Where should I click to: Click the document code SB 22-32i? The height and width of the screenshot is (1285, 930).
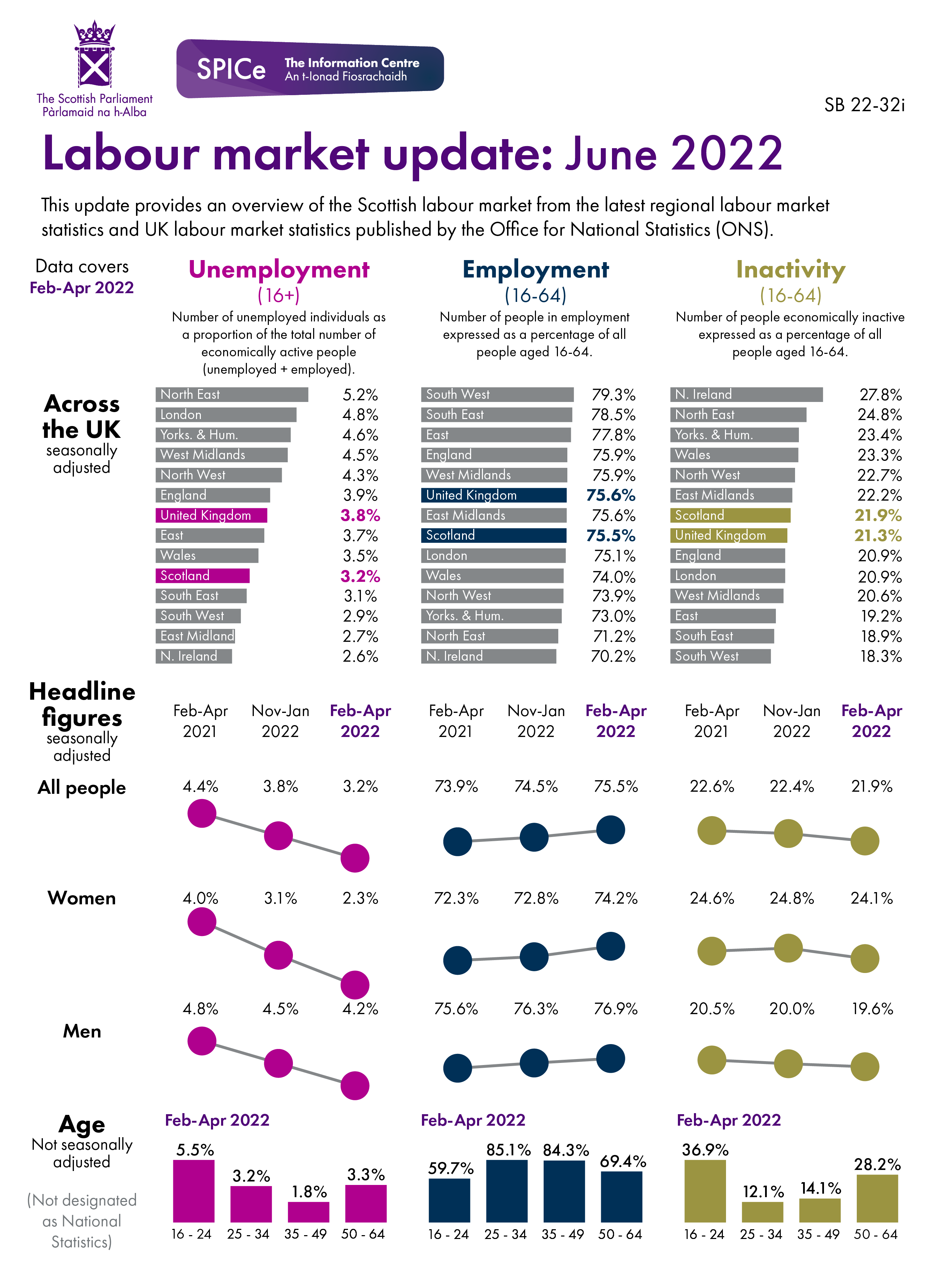(864, 105)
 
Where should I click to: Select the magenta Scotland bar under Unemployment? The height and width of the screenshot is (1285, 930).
(202, 576)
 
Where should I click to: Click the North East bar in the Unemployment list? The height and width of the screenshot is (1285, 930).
(231, 394)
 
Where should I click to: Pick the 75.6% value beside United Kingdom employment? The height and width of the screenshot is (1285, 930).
(610, 495)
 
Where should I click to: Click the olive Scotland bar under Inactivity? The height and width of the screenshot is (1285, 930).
(729, 515)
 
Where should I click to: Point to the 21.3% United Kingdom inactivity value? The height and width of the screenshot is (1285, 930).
(877, 535)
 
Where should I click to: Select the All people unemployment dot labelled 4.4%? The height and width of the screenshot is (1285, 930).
(202, 814)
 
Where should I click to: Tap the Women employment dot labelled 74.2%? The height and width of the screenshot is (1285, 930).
(610, 946)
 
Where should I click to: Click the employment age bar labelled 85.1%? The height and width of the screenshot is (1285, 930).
(507, 1191)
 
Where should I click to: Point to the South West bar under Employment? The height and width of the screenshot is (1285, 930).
(497, 394)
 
